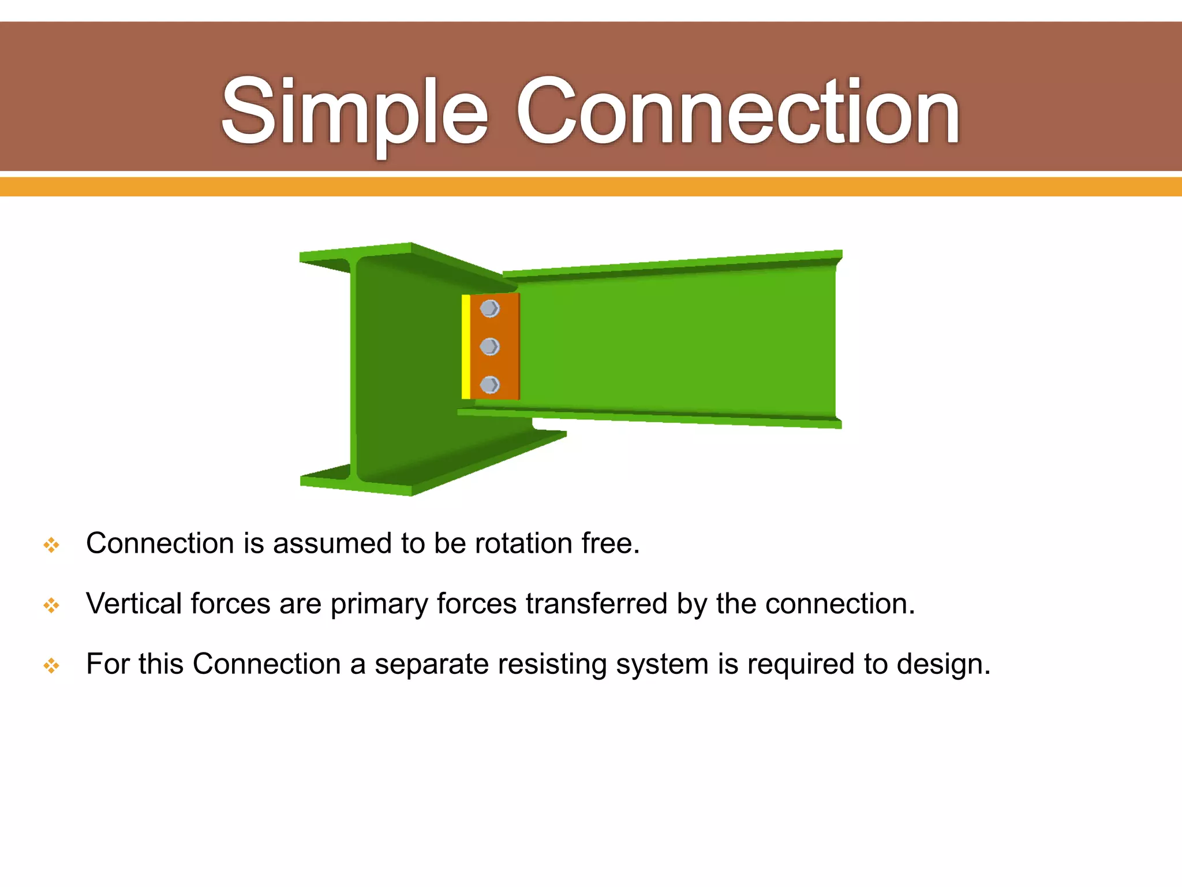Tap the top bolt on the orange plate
tap(489, 308)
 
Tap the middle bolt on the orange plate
tap(489, 346)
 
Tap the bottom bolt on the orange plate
tap(489, 385)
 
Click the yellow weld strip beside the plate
tap(466, 346)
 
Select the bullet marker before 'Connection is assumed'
tap(51, 545)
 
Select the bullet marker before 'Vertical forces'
tap(51, 605)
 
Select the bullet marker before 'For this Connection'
tap(51, 666)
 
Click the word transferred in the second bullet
tap(596, 603)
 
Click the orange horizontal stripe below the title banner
tap(591, 187)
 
